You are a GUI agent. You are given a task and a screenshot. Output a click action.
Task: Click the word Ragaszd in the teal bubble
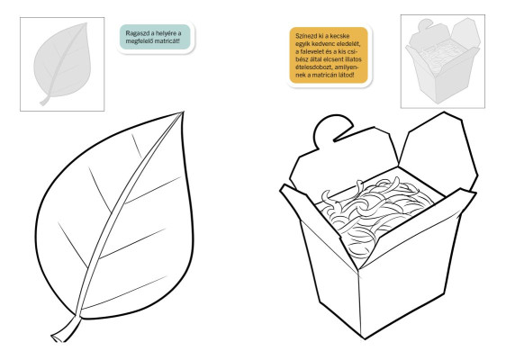coord(136,33)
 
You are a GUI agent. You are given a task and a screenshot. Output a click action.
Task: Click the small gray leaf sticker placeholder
coord(62,64)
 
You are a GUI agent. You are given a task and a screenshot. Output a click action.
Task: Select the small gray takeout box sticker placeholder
coord(442,60)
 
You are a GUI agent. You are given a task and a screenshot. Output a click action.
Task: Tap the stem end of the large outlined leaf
coord(56,338)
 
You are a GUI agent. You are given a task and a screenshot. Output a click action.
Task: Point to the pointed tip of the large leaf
coord(183,112)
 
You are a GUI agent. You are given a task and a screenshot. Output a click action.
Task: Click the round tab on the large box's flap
coord(332,130)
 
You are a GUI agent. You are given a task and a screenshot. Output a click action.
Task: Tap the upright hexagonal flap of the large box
coord(438,151)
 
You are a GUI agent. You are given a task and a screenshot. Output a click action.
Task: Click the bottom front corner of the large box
coord(365,338)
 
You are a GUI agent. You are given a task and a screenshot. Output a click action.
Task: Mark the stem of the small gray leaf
coord(44,102)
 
